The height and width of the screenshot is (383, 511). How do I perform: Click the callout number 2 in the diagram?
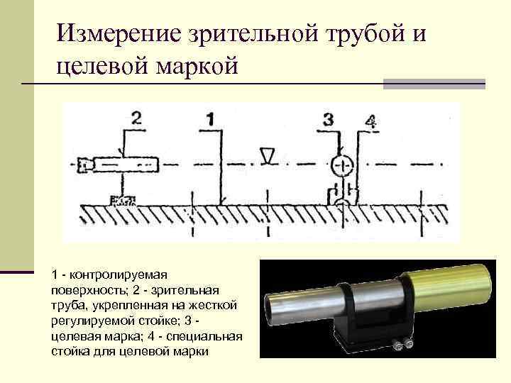click(x=136, y=118)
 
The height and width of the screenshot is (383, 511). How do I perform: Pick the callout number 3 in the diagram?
click(x=328, y=118)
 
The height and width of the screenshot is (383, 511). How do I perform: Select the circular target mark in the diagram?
click(x=342, y=165)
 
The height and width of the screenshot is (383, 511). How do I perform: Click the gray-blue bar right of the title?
click(x=434, y=83)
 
